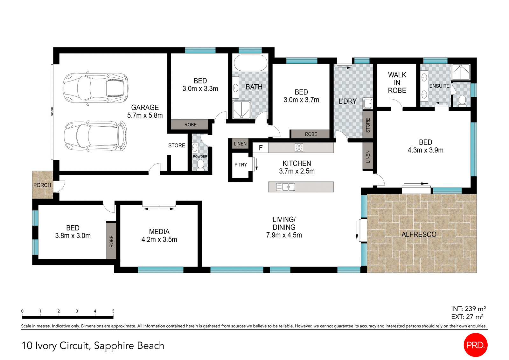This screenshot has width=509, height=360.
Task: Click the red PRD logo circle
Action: [x=475, y=345]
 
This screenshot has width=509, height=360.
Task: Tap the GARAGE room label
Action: [x=145, y=108]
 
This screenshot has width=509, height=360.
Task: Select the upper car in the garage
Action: [x=95, y=88]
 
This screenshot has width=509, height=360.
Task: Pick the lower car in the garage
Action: [x=95, y=136]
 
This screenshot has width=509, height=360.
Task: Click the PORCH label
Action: [x=42, y=185]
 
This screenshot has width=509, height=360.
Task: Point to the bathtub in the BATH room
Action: [x=250, y=63]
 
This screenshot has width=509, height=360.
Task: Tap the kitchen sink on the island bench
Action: [x=285, y=187]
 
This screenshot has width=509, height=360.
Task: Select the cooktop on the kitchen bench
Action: [x=299, y=147]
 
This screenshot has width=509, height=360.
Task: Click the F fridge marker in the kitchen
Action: [x=261, y=148]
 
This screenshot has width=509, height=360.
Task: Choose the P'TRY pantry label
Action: [x=241, y=165]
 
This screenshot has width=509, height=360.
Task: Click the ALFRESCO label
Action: [x=419, y=234]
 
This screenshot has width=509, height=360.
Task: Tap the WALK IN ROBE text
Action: [x=397, y=83]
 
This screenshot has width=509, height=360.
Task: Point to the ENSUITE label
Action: [x=439, y=86]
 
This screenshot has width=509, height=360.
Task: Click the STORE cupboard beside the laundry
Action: [x=368, y=125]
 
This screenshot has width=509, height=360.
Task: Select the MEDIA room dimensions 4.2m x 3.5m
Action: [x=159, y=240]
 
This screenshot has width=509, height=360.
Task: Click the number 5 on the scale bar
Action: [x=113, y=311]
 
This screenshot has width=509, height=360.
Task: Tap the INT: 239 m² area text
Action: [x=468, y=309]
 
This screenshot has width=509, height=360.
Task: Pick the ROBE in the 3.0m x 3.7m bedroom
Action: [x=311, y=134]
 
